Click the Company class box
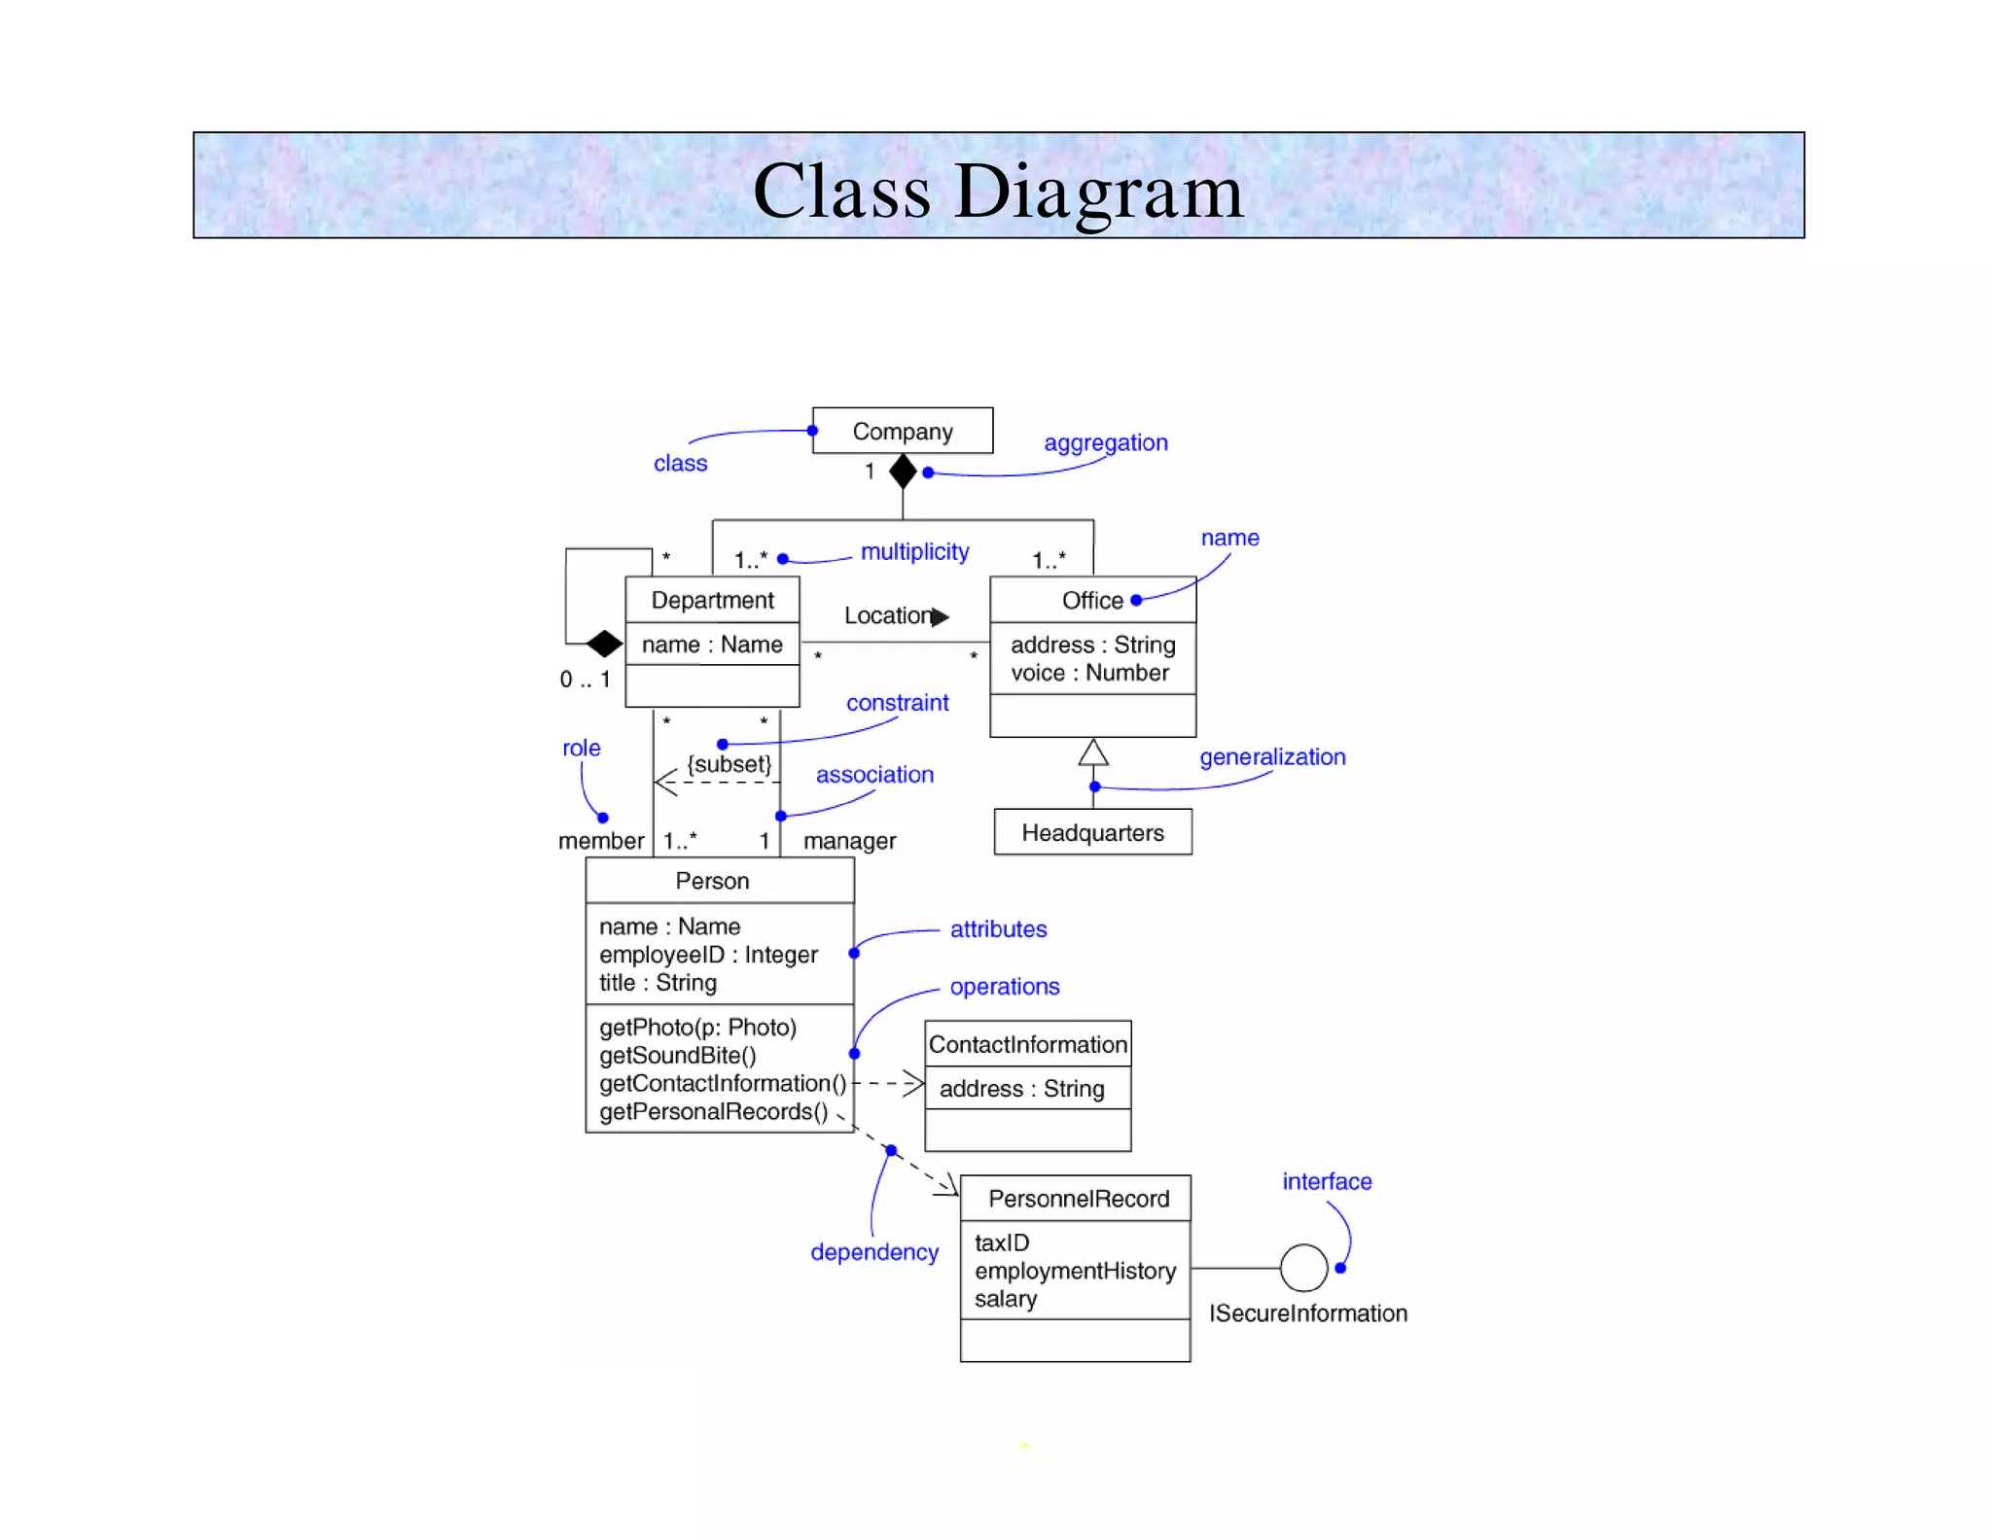pos(902,431)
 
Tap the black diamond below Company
pos(903,472)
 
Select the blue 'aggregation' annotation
pos(1105,442)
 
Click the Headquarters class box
pos(1092,832)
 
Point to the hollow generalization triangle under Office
pos(1093,752)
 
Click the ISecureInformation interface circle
pos(1303,1268)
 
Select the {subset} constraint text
pos(729,764)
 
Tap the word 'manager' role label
pos(849,841)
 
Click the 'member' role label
pos(600,841)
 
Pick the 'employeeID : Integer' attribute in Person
pos(708,955)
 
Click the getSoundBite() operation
pos(677,1055)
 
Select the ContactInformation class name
pos(1027,1044)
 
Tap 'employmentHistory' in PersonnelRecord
pos(1075,1271)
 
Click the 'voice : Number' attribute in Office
pos(1089,673)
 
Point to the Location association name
pos(887,615)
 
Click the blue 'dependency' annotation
pos(873,1252)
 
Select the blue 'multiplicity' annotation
pos(914,551)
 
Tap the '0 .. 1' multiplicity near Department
pos(585,680)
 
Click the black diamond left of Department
pos(604,643)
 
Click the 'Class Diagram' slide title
pos(998,191)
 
